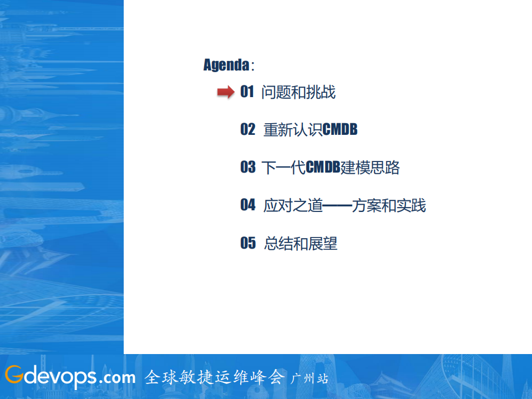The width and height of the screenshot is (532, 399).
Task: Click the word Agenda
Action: pos(226,65)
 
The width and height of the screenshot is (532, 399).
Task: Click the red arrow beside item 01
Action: pos(225,92)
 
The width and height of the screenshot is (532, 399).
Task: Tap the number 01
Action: pos(247,92)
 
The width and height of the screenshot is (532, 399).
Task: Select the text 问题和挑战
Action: pos(298,92)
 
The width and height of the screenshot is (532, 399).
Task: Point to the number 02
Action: pos(247,130)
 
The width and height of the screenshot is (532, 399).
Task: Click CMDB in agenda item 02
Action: pos(340,130)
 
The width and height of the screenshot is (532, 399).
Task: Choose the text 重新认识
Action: pos(292,130)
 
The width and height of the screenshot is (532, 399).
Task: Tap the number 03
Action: pos(247,168)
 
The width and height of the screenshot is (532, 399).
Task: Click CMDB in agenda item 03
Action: pos(323,168)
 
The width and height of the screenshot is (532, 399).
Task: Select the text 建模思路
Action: pos(370,168)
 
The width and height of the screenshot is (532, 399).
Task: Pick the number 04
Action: pos(247,205)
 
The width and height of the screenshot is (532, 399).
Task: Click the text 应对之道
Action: pos(292,206)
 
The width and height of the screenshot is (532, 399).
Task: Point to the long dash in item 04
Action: pos(337,206)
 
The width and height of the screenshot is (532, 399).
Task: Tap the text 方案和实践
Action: pos(389,206)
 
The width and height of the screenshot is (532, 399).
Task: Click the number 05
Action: pos(247,243)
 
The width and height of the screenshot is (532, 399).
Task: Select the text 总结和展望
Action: pos(300,244)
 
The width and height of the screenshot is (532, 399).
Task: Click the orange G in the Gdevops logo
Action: pos(14,376)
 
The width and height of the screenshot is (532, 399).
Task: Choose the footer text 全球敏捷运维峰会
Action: pos(215,377)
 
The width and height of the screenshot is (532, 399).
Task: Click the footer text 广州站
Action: pos(310,378)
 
